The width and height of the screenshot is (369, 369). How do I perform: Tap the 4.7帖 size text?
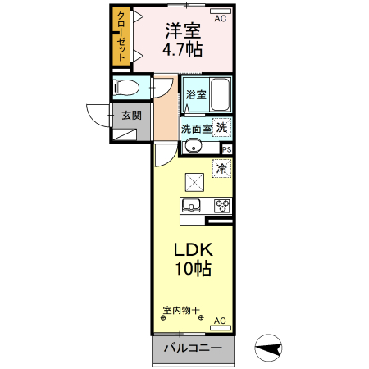pos(183,50)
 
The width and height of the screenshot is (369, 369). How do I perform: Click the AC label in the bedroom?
pos(220,17)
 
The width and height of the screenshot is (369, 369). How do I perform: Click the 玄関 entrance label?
pos(132,115)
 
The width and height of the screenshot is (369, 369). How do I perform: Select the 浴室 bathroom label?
pos(195,94)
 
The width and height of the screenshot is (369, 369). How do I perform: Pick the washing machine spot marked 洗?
pos(221,127)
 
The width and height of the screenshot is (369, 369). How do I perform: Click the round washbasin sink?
pos(192,147)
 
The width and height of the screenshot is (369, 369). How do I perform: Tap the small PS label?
pos(226,149)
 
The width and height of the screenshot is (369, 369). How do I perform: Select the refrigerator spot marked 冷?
pos(221,168)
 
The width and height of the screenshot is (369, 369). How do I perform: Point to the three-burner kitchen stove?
pos(221,205)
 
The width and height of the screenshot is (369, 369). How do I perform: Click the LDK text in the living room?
pos(192,250)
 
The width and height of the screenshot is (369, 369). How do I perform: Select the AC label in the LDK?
pos(220,321)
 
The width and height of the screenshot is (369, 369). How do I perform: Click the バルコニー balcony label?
pos(192,348)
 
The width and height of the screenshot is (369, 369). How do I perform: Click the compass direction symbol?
pos(271,349)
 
